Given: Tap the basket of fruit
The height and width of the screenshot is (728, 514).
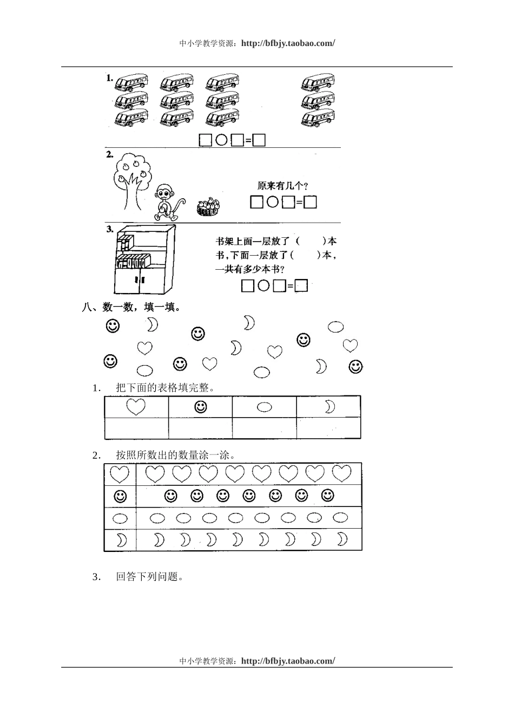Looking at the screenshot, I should (209, 207).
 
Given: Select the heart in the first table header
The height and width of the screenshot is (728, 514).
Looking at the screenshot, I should (136, 406).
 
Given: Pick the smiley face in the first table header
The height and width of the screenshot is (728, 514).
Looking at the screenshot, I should (200, 407).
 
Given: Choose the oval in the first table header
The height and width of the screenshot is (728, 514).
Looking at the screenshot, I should (264, 407).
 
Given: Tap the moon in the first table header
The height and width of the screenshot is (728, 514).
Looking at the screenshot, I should (330, 407).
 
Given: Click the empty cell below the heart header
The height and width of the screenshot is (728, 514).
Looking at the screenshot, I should (136, 428).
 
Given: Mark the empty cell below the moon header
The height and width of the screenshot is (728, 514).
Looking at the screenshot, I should (328, 428).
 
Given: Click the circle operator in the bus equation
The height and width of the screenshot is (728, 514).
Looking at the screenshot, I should (221, 140).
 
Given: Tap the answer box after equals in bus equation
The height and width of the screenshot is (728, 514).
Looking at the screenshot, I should (259, 140).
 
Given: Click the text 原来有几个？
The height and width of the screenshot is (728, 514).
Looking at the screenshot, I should (283, 186).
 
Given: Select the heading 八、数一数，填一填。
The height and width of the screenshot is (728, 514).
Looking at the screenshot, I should (131, 307).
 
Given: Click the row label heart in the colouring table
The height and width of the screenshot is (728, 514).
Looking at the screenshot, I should (120, 474).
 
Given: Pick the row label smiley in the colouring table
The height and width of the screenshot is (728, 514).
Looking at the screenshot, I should (120, 496).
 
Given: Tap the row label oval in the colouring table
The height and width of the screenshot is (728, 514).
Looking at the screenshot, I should (120, 518).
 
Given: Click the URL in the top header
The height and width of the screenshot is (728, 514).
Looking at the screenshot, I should (288, 43).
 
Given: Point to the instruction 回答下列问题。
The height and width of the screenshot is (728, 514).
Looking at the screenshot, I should (150, 576).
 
